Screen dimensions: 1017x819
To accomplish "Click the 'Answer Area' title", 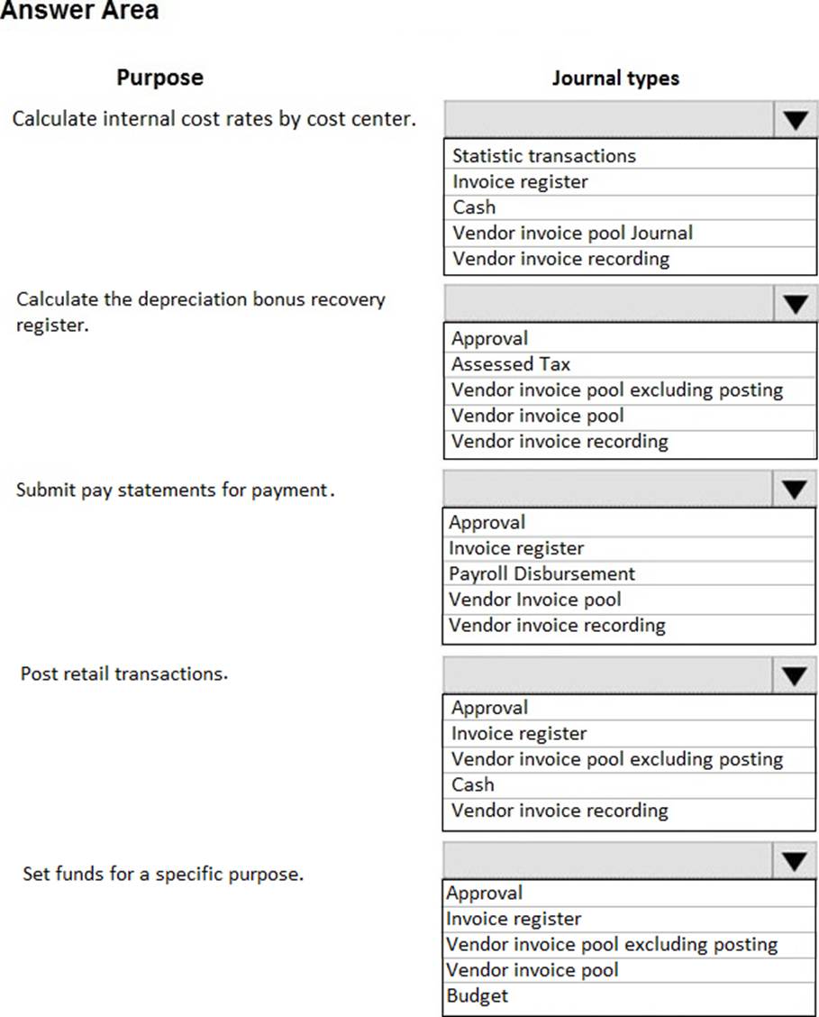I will coord(79,11).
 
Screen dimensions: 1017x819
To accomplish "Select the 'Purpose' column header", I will coord(159,78).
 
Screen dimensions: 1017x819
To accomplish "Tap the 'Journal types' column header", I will coord(615,78).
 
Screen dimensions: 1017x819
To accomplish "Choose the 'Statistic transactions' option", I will coord(544,156).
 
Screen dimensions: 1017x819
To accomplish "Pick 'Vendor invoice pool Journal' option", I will coord(572,233).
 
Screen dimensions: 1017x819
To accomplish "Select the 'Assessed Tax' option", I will coord(511,364).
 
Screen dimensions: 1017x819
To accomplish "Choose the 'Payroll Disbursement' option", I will coord(541,573).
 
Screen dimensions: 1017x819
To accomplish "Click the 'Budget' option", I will coord(477,995).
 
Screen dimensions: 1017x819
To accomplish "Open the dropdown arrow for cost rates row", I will coord(794,120).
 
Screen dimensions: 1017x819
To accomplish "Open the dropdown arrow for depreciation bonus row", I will coord(794,304).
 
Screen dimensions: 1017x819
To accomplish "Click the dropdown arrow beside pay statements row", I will coord(794,489).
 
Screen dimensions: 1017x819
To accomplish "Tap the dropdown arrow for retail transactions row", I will coord(794,674).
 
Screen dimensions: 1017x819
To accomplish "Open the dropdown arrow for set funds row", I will coord(794,861).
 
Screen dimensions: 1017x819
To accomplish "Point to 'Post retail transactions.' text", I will coord(124,673).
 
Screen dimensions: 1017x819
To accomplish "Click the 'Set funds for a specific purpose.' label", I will coord(163,874).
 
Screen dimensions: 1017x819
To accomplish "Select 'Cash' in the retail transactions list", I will coord(473,784).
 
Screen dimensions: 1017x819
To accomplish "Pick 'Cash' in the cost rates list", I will coord(474,206).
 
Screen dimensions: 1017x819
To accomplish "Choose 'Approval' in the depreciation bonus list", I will coord(489,339).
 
